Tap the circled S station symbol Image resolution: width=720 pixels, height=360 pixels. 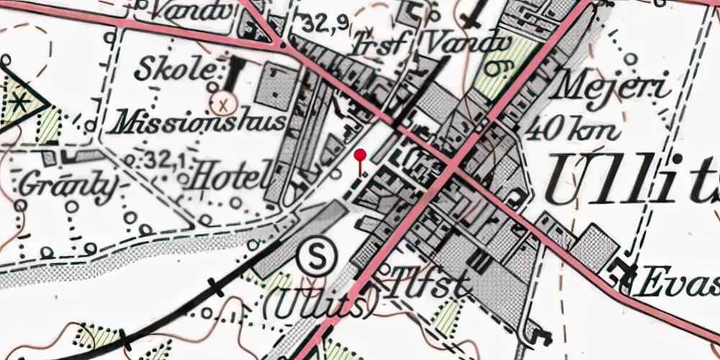click(x=315, y=256)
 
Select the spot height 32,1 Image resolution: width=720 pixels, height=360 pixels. click(x=162, y=158)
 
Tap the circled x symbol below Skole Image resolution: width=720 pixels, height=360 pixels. click(x=225, y=102)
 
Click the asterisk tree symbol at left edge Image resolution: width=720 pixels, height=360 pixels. click(x=20, y=102)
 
